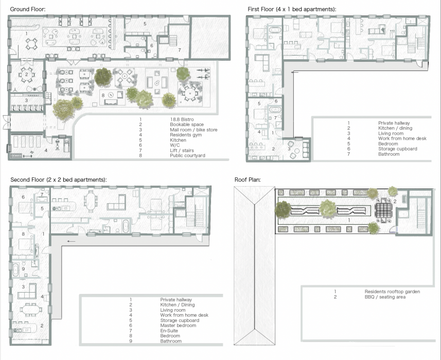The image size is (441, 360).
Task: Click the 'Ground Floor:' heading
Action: pos(28,9)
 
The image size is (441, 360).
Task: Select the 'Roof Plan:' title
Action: pos(248,179)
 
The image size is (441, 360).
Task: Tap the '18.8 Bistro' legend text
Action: pos(182,119)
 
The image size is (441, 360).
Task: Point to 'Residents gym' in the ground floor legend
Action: pos(186,135)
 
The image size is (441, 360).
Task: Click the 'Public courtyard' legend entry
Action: pos(187,155)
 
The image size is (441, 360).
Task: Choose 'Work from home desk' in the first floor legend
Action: pos(402,138)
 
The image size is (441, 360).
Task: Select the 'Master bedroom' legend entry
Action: pos(178,326)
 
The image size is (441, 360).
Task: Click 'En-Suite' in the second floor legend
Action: pos(169,331)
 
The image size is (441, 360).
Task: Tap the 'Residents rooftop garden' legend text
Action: pos(392,292)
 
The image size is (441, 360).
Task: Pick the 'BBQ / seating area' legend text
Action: pos(385,297)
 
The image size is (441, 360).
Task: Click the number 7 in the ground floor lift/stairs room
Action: pos(180,50)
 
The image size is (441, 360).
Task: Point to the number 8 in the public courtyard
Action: pos(103,95)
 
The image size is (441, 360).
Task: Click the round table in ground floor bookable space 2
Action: pos(26,75)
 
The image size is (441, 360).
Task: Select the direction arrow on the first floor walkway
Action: pos(294,72)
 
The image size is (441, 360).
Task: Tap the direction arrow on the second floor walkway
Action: pos(72,241)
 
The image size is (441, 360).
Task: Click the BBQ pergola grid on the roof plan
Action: pos(382,210)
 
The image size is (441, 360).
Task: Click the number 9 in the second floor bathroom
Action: pos(23,268)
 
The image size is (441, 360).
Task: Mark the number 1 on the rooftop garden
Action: pos(349,220)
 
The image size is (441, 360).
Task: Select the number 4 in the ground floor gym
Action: pos(46,150)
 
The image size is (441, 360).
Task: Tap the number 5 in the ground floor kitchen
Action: pos(145,24)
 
